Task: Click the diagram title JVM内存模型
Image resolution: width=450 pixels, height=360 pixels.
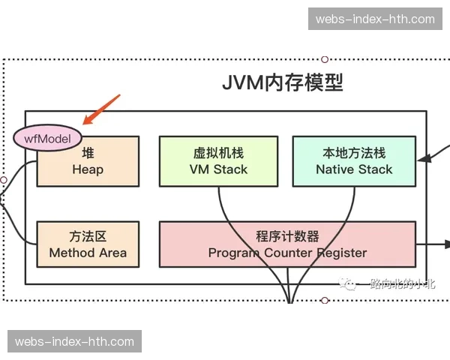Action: [282, 82]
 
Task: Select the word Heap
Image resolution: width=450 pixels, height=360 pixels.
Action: [88, 169]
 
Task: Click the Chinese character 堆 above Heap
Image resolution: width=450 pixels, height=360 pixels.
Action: [88, 153]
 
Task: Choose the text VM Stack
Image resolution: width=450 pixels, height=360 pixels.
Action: [218, 169]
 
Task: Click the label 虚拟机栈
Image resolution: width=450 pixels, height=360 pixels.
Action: [218, 153]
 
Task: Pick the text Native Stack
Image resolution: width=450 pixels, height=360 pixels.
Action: [353, 169]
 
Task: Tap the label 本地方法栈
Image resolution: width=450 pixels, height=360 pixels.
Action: [353, 153]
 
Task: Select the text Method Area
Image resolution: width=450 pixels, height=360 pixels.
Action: [88, 253]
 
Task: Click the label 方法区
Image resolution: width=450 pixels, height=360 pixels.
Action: [88, 236]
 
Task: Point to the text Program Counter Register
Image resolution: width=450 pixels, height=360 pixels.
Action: [287, 253]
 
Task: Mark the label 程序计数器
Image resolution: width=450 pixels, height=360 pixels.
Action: [287, 236]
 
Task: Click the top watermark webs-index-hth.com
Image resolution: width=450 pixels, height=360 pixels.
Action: [375, 19]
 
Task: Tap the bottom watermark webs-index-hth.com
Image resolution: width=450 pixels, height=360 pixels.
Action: [74, 342]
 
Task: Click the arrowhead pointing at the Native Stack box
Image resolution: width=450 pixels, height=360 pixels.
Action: [422, 158]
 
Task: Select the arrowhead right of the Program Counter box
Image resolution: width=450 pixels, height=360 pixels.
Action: [443, 244]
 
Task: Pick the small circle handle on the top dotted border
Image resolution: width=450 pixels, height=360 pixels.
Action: [325, 58]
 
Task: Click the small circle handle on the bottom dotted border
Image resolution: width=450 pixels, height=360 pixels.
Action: [325, 301]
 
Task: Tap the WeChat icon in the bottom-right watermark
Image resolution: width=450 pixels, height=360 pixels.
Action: [347, 283]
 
